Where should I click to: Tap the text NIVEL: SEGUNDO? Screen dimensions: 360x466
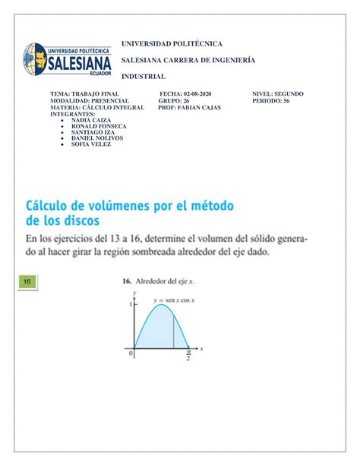(277, 94)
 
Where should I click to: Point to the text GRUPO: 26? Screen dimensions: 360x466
(175, 100)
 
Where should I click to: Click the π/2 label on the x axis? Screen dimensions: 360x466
(189, 356)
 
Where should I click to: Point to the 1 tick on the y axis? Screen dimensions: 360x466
(130, 303)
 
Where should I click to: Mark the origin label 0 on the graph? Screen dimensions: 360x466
(131, 353)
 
